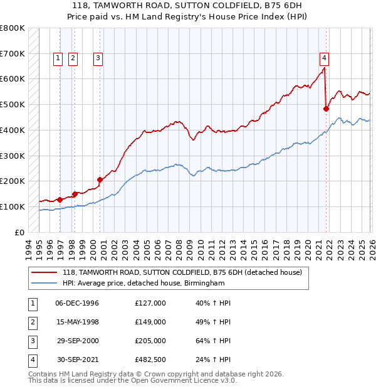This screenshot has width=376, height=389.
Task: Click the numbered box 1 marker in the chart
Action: click(58, 58)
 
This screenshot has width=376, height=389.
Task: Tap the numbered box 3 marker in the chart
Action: click(98, 58)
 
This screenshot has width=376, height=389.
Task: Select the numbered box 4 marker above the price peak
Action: click(324, 58)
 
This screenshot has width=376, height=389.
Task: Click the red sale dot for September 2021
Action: click(326, 109)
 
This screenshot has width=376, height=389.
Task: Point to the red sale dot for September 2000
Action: click(100, 179)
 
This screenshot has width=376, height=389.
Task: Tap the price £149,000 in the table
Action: click(150, 322)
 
